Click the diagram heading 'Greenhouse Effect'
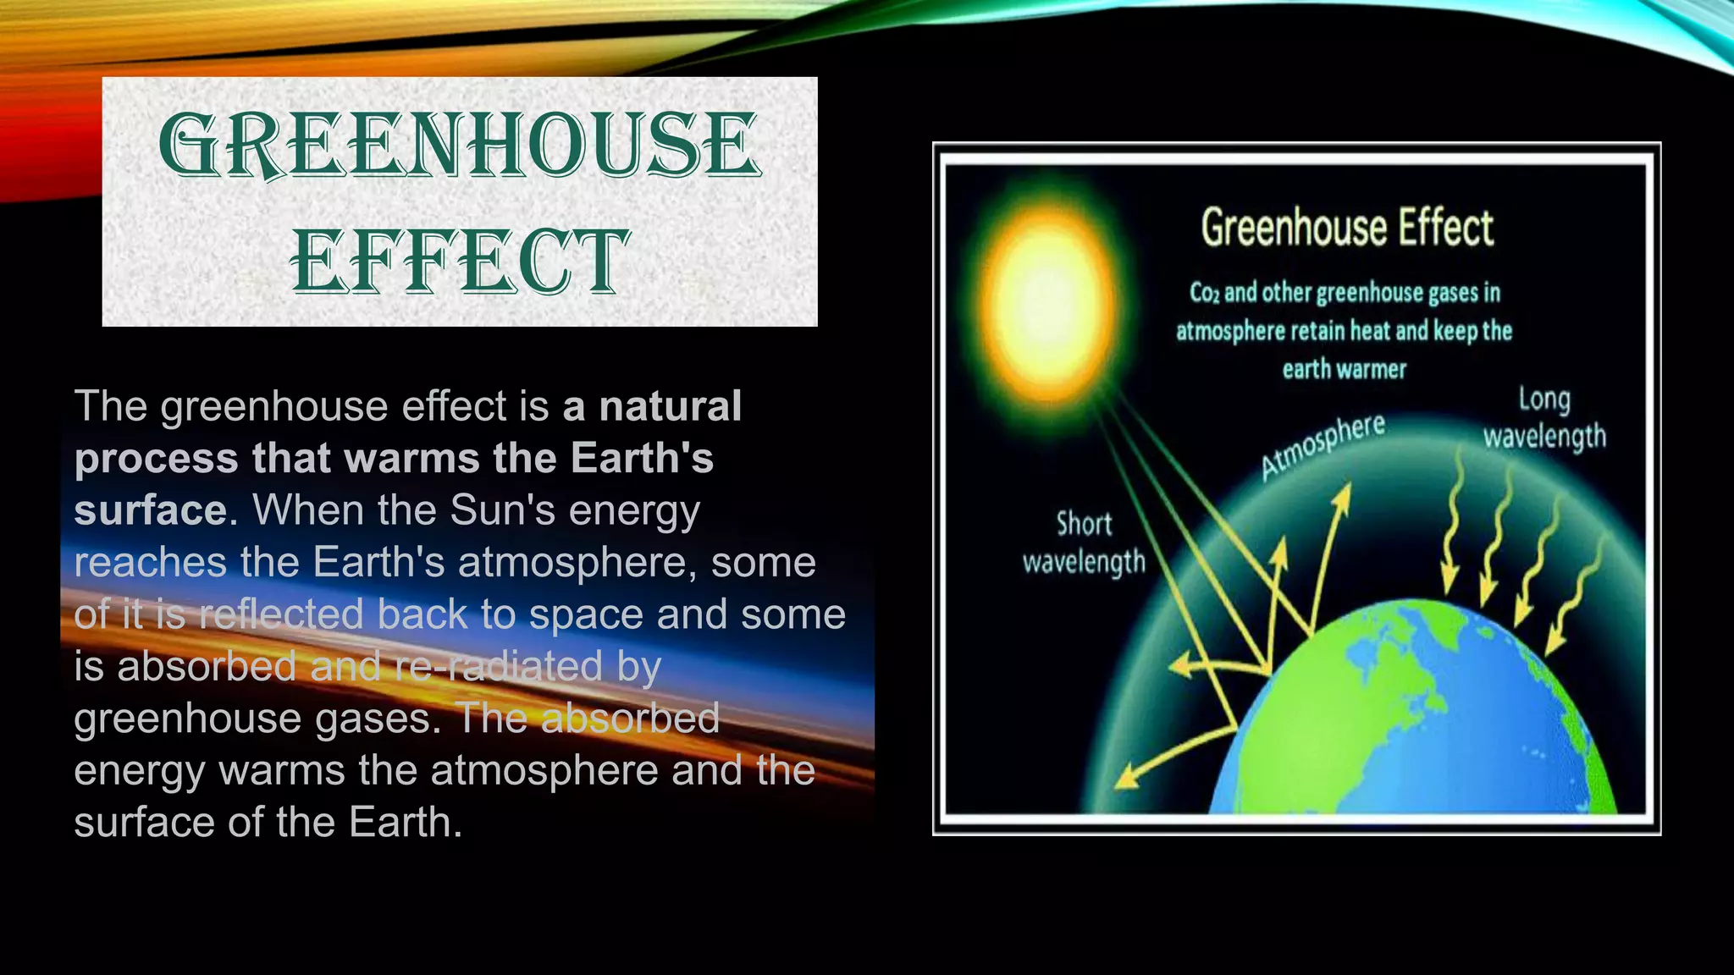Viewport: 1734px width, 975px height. point(1347,228)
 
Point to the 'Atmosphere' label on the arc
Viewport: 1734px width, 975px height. point(1323,446)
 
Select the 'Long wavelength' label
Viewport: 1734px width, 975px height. point(1544,418)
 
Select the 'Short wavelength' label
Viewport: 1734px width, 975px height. point(1084,543)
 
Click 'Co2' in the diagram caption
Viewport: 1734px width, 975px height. point(1204,293)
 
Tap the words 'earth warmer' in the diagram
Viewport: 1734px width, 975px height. point(1344,370)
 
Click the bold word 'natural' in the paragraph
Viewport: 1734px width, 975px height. point(670,405)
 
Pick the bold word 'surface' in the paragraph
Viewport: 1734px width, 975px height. point(150,510)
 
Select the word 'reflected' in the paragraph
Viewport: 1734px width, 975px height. point(281,614)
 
